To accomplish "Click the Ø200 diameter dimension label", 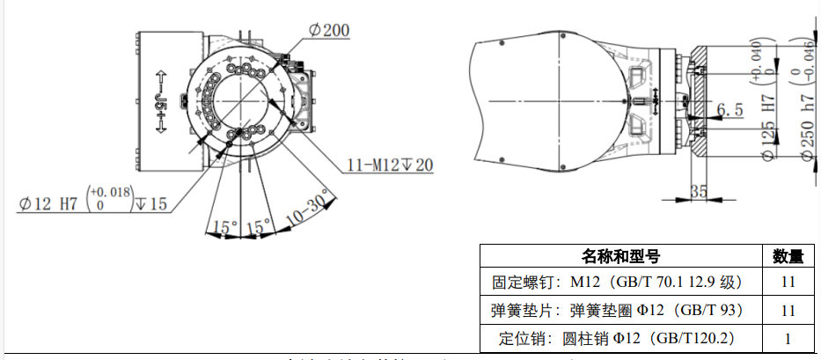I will pyautogui.click(x=328, y=31).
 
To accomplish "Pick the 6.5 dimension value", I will pyautogui.click(x=730, y=110).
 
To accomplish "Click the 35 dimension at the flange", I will pyautogui.click(x=700, y=190).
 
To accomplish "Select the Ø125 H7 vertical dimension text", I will pyautogui.click(x=767, y=129).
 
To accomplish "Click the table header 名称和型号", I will pyautogui.click(x=620, y=256).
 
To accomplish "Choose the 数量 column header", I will pyautogui.click(x=788, y=256).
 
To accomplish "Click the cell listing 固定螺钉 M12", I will pyautogui.click(x=619, y=283).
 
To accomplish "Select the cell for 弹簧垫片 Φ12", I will pyautogui.click(x=619, y=311).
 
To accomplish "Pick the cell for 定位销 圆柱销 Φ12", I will pyautogui.click(x=619, y=338).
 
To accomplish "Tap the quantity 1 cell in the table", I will pyautogui.click(x=788, y=338).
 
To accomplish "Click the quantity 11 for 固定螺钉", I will pyautogui.click(x=788, y=283).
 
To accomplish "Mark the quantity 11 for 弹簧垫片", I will pyautogui.click(x=788, y=311).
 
